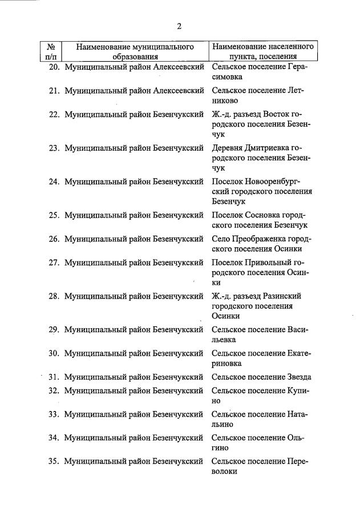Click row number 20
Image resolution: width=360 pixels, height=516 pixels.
pos(54,67)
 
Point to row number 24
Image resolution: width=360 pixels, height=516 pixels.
pos(54,182)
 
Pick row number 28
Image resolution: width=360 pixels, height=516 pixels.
pos(54,296)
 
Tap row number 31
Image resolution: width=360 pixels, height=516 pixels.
pos(54,377)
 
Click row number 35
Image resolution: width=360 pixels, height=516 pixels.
pos(54,461)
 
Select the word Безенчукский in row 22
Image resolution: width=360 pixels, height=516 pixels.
pos(179,114)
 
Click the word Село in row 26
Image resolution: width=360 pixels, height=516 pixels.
pos(221,239)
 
